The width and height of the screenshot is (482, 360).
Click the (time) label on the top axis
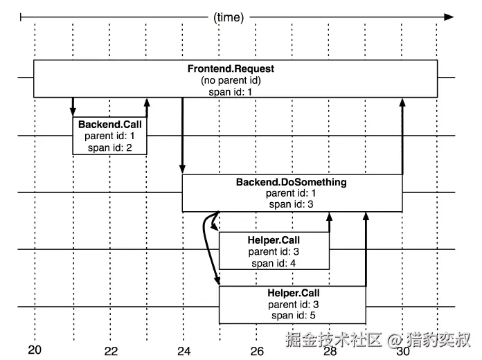point(229,17)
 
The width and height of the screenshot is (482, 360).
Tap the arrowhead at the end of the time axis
point(449,17)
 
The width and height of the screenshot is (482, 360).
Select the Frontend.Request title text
point(231,69)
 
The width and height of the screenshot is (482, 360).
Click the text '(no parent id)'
point(231,80)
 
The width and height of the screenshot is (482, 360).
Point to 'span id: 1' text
point(230,92)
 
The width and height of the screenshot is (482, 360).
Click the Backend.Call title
point(109,124)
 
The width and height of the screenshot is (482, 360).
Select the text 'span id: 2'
point(109,147)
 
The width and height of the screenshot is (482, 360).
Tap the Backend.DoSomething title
point(291,182)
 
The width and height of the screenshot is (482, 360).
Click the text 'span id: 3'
point(291,204)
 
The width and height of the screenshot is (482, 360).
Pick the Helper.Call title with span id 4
point(274,240)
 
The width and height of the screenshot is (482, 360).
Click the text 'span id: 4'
point(274,263)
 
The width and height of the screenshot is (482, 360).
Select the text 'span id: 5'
point(293,316)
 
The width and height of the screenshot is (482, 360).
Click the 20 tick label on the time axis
point(35,350)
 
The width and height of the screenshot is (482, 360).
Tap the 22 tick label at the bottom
point(111,351)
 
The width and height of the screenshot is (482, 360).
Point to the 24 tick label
point(184,351)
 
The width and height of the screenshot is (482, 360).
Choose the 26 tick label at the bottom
point(257,351)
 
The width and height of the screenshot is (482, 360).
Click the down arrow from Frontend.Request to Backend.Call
point(73,107)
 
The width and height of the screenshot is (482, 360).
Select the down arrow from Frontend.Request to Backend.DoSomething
point(182,136)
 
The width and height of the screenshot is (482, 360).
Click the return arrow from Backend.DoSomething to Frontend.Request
point(402,136)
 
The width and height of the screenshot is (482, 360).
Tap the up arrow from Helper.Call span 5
point(366,249)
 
